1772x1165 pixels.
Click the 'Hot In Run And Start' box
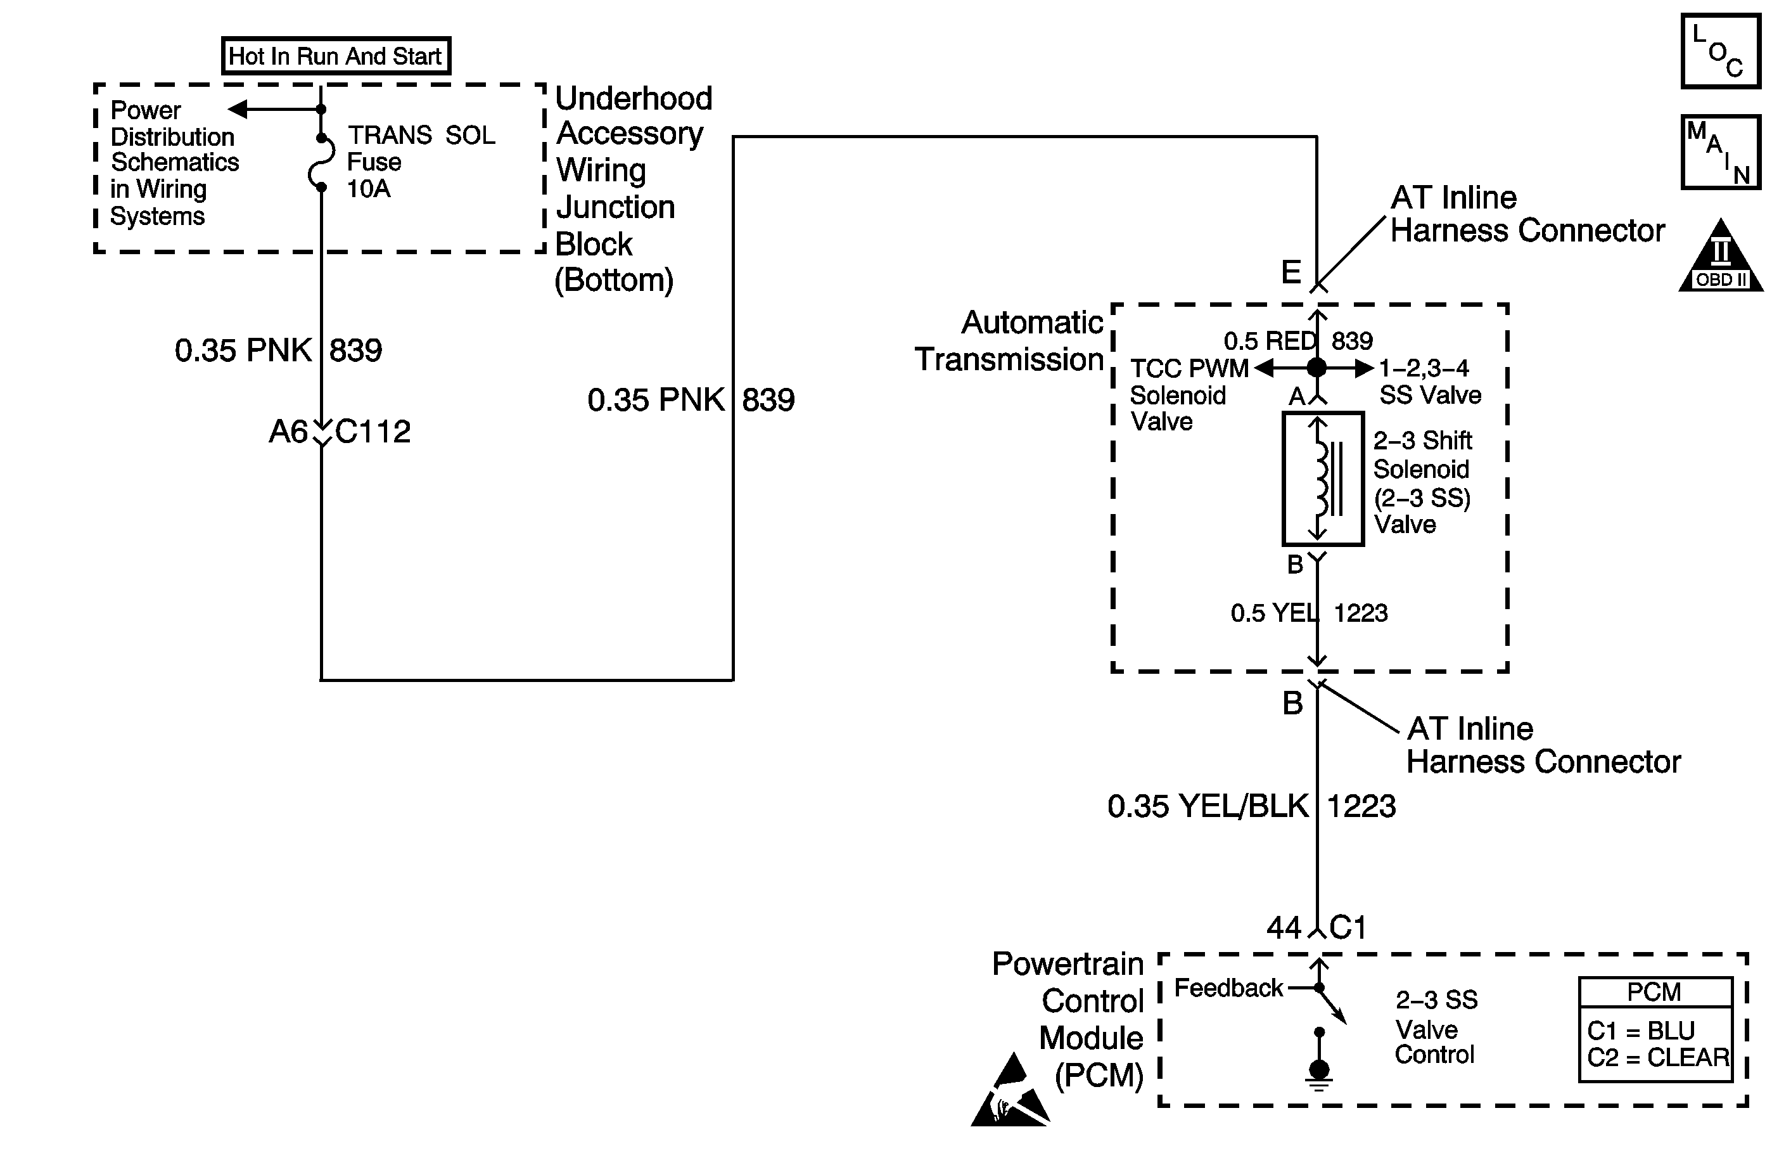coord(336,56)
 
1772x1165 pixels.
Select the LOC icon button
coord(1720,51)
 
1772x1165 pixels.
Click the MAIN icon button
coord(1720,152)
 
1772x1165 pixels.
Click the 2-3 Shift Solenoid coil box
coord(1322,478)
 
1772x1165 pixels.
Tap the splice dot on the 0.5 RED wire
coord(1316,367)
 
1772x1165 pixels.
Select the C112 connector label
coord(373,431)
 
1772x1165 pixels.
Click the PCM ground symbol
coord(1318,1073)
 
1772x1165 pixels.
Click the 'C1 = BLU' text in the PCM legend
coord(1641,1030)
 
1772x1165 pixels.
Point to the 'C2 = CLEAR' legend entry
coord(1658,1057)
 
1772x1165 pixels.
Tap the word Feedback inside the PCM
coord(1228,988)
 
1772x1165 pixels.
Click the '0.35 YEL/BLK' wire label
coord(1208,806)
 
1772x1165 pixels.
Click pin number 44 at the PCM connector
coord(1284,928)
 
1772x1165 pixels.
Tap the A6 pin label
coord(288,431)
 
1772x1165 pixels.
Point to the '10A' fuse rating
coord(369,189)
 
